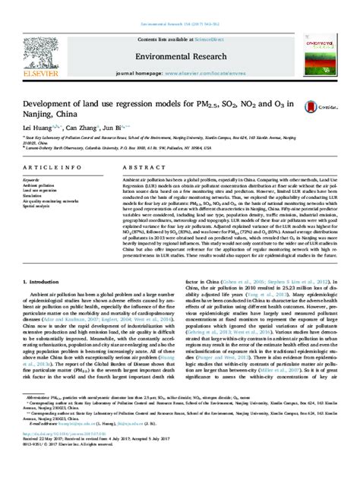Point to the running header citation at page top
coord(180,6)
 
